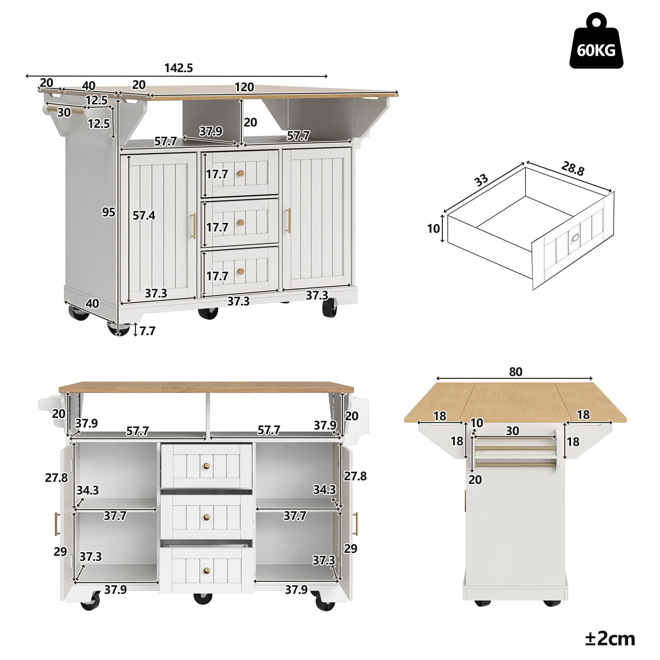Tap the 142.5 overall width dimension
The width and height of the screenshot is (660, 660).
[x=178, y=68]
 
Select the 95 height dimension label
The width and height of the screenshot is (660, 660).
[x=109, y=213]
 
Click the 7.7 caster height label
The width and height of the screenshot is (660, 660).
[x=147, y=331]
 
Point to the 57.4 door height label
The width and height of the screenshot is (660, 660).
[x=144, y=215]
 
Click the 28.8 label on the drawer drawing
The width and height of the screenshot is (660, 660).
[x=573, y=168]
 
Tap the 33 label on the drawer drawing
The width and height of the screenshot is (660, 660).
[x=481, y=181]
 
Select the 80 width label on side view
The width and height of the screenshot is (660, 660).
[x=515, y=372]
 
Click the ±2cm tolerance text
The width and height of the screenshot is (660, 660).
[x=610, y=639]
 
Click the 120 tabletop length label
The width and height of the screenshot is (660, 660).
[x=244, y=87]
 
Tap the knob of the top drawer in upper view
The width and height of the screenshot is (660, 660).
[x=242, y=174]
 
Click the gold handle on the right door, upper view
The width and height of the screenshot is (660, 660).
[x=289, y=221]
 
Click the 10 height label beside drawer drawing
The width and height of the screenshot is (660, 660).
[x=434, y=229]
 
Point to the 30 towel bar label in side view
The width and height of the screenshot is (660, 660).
[x=512, y=431]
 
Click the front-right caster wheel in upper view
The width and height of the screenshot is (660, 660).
[x=329, y=309]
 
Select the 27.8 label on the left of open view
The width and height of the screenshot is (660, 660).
[x=56, y=478]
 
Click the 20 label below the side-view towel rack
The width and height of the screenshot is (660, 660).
[x=475, y=479]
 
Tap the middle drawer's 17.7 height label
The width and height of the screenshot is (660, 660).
[x=217, y=227]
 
